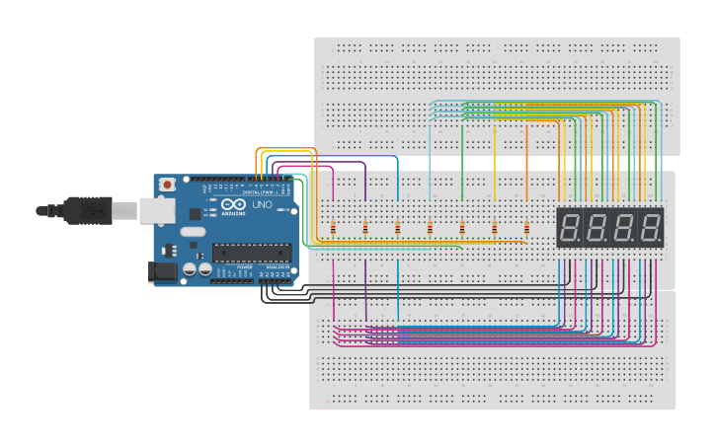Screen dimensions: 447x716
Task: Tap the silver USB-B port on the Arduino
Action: click(x=155, y=209)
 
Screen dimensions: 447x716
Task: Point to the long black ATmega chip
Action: click(x=252, y=253)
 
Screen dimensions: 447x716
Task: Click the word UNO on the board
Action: click(x=262, y=205)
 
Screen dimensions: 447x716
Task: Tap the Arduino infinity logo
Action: click(x=233, y=205)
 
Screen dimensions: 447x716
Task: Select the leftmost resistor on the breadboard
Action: click(x=333, y=230)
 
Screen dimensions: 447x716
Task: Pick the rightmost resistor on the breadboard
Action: click(x=526, y=230)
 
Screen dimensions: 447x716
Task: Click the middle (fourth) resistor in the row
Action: click(x=430, y=230)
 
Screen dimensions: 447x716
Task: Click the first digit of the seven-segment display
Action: click(x=569, y=228)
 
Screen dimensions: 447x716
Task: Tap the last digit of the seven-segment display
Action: click(x=650, y=228)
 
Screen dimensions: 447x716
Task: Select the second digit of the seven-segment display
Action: click(x=597, y=228)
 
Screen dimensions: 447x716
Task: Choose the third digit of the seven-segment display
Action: click(x=623, y=228)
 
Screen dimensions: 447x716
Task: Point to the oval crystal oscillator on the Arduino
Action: click(x=193, y=234)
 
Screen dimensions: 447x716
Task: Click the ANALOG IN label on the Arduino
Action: click(x=276, y=267)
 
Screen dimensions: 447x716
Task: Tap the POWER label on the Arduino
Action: click(x=244, y=267)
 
